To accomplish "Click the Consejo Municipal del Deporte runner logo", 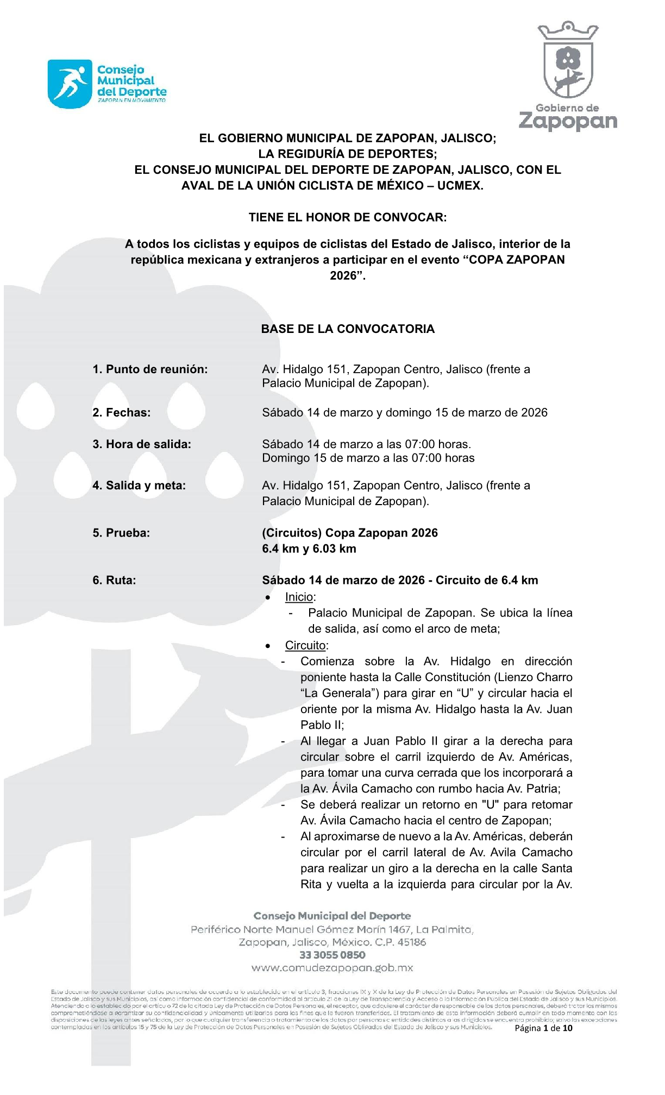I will (70, 84).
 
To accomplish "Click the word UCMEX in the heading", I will (460, 186).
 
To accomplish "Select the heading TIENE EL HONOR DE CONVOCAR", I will (348, 217).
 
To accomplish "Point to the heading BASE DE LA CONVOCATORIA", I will (348, 329).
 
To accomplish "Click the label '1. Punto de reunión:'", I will (150, 369).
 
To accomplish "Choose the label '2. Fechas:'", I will (121, 413).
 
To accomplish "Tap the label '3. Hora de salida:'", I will (142, 444).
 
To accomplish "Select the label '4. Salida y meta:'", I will (139, 486).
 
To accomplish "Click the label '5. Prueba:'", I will (121, 533).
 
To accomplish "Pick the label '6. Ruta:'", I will (114, 580).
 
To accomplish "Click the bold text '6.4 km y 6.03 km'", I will (309, 549).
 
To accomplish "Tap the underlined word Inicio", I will (299, 597).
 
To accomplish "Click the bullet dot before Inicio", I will (268, 597).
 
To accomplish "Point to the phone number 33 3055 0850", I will (332, 955).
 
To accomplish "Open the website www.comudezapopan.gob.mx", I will (332, 968).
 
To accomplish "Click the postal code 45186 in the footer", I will (411, 942).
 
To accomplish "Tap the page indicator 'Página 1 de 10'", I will (543, 1028).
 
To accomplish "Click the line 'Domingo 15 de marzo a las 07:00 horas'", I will (368, 458).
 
